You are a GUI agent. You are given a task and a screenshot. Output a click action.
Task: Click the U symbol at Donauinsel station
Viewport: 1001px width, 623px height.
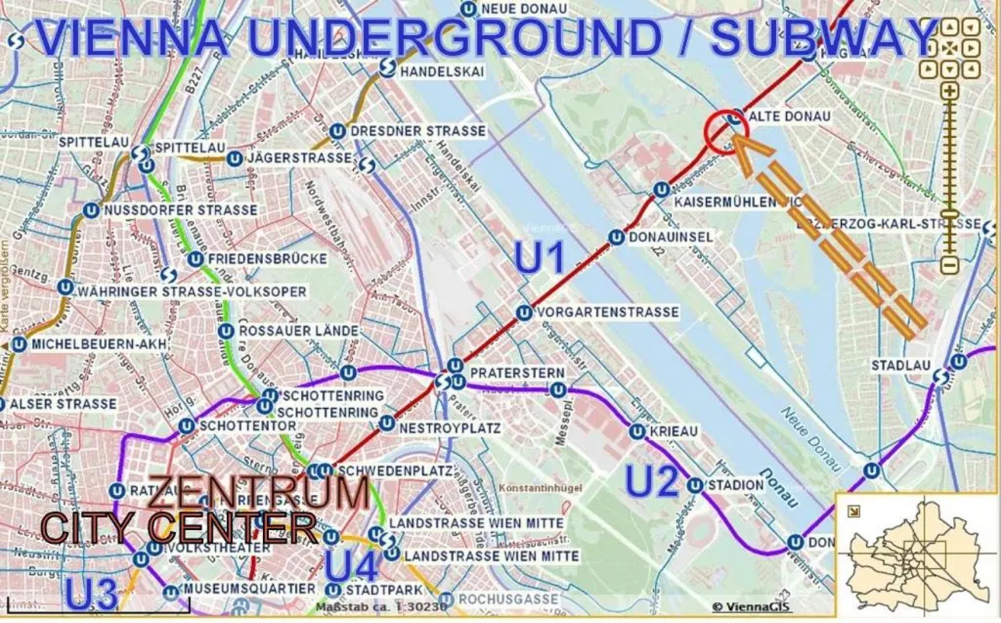pos(616,237)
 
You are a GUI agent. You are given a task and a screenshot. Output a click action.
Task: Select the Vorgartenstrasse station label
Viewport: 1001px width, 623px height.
pos(607,313)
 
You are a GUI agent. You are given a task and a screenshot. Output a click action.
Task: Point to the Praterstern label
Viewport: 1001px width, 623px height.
pos(517,373)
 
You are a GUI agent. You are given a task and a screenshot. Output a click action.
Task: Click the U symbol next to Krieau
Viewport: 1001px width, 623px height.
pos(637,431)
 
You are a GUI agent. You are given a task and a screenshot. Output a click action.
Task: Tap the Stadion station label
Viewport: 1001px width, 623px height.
pos(735,485)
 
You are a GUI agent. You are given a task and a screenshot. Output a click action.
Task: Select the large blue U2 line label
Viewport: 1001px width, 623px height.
pos(652,481)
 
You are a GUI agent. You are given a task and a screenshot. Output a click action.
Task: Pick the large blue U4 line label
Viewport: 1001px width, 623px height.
pos(352,566)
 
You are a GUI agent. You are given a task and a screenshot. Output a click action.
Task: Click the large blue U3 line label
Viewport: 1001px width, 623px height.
pos(91,594)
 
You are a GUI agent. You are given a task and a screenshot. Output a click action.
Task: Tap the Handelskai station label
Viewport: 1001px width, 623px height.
pos(442,72)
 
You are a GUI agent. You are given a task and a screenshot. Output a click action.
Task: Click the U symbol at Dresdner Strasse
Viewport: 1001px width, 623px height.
pos(337,132)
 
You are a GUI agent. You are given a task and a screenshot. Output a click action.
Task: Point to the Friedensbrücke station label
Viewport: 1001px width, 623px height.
pos(267,259)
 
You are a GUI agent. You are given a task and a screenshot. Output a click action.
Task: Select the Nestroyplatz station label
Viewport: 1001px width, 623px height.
pos(450,428)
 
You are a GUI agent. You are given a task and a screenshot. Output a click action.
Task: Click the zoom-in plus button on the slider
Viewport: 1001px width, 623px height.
pos(949,91)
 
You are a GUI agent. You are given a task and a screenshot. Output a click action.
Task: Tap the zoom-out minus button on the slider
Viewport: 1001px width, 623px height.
pos(949,265)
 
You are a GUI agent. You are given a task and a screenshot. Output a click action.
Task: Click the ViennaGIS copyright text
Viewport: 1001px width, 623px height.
pos(751,606)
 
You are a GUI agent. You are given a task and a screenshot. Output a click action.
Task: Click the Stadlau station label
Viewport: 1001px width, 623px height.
pos(900,365)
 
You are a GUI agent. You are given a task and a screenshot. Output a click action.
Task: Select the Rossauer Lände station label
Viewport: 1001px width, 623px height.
pos(299,331)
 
